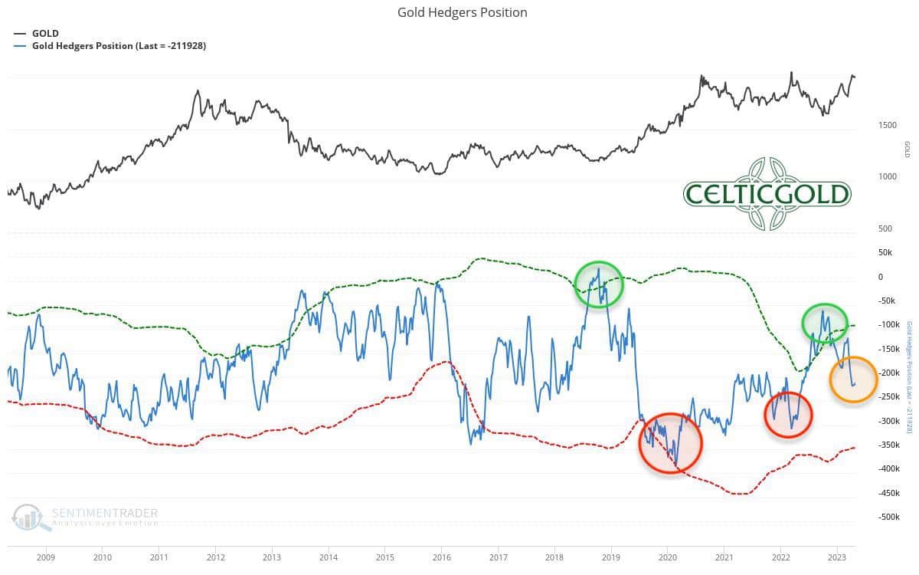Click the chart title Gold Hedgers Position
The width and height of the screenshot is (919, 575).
(x=462, y=12)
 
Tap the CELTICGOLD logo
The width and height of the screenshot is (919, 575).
(x=767, y=193)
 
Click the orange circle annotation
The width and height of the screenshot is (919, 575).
(x=853, y=379)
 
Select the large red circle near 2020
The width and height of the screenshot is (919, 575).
(x=670, y=442)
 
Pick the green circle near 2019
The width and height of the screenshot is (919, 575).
(x=599, y=284)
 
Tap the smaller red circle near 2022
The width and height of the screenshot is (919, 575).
(x=788, y=415)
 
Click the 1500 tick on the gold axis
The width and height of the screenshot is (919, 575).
(x=886, y=124)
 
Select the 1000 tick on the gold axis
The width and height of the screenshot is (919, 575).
(x=886, y=176)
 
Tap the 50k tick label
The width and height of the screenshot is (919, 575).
(x=885, y=252)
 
